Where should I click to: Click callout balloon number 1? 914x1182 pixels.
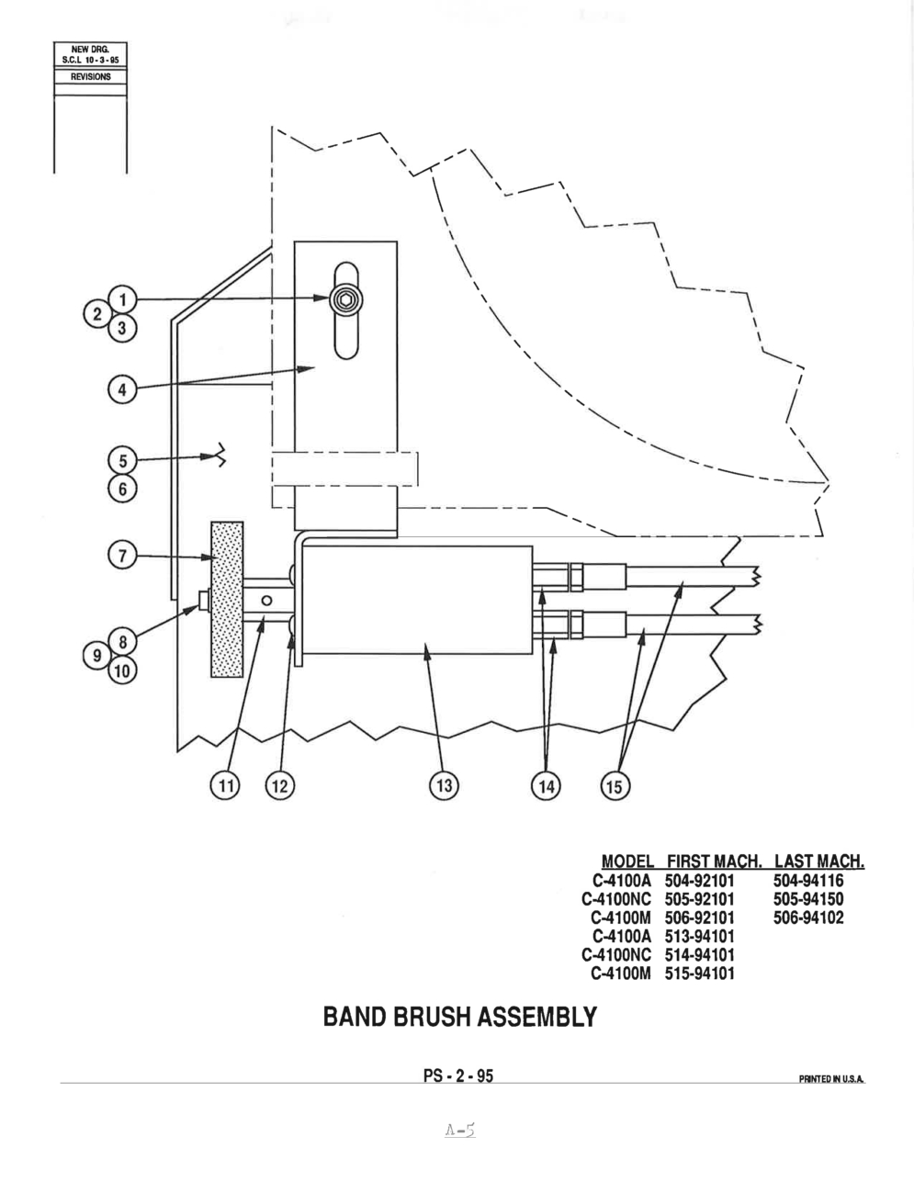[x=122, y=299]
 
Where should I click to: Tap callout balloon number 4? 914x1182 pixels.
[x=122, y=389]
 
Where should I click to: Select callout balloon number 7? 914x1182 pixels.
[x=122, y=556]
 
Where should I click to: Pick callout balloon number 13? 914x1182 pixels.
[x=444, y=785]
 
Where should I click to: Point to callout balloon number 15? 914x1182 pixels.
[x=615, y=786]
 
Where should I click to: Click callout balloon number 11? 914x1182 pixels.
[x=225, y=786]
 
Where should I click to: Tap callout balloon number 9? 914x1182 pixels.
[x=96, y=656]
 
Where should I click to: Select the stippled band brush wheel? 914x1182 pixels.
[x=227, y=600]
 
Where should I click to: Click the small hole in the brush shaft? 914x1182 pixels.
[x=266, y=601]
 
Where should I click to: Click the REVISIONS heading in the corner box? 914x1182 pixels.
[x=90, y=77]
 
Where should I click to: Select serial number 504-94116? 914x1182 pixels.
[x=808, y=881]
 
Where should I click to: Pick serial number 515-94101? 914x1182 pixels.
[x=700, y=974]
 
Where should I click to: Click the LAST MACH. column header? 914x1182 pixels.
[x=819, y=861]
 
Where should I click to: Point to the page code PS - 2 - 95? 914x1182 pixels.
[x=458, y=1076]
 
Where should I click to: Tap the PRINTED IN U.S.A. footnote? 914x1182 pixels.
[x=831, y=1079]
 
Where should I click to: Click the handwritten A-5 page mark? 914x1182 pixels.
[x=459, y=1131]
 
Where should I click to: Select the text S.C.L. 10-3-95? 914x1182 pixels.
[x=90, y=60]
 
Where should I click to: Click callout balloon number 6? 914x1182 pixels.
[x=122, y=489]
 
